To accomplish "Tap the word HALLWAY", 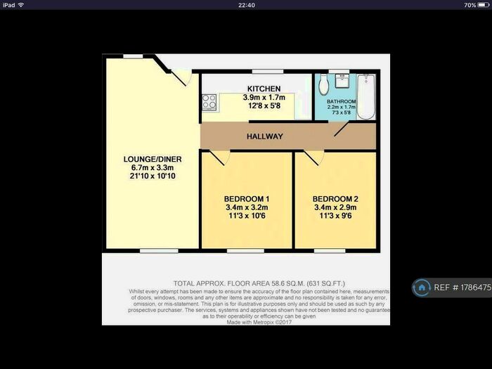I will pyautogui.click(x=264, y=136).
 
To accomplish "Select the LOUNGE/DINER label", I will pyautogui.click(x=152, y=160).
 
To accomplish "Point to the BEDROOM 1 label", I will pyautogui.click(x=246, y=198).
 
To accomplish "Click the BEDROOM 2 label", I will pyautogui.click(x=335, y=198).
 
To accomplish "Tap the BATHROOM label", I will pyautogui.click(x=342, y=101).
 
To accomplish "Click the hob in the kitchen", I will pyautogui.click(x=209, y=103).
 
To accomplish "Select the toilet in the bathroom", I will pyautogui.click(x=323, y=85).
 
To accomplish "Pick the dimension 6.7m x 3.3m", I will pyautogui.click(x=152, y=168).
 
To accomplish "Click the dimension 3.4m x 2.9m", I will pyautogui.click(x=335, y=207).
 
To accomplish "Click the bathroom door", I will pyautogui.click(x=342, y=129).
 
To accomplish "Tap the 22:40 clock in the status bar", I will pyautogui.click(x=246, y=5).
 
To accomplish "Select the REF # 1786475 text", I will pyautogui.click(x=462, y=287).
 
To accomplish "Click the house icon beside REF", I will pyautogui.click(x=422, y=287).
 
